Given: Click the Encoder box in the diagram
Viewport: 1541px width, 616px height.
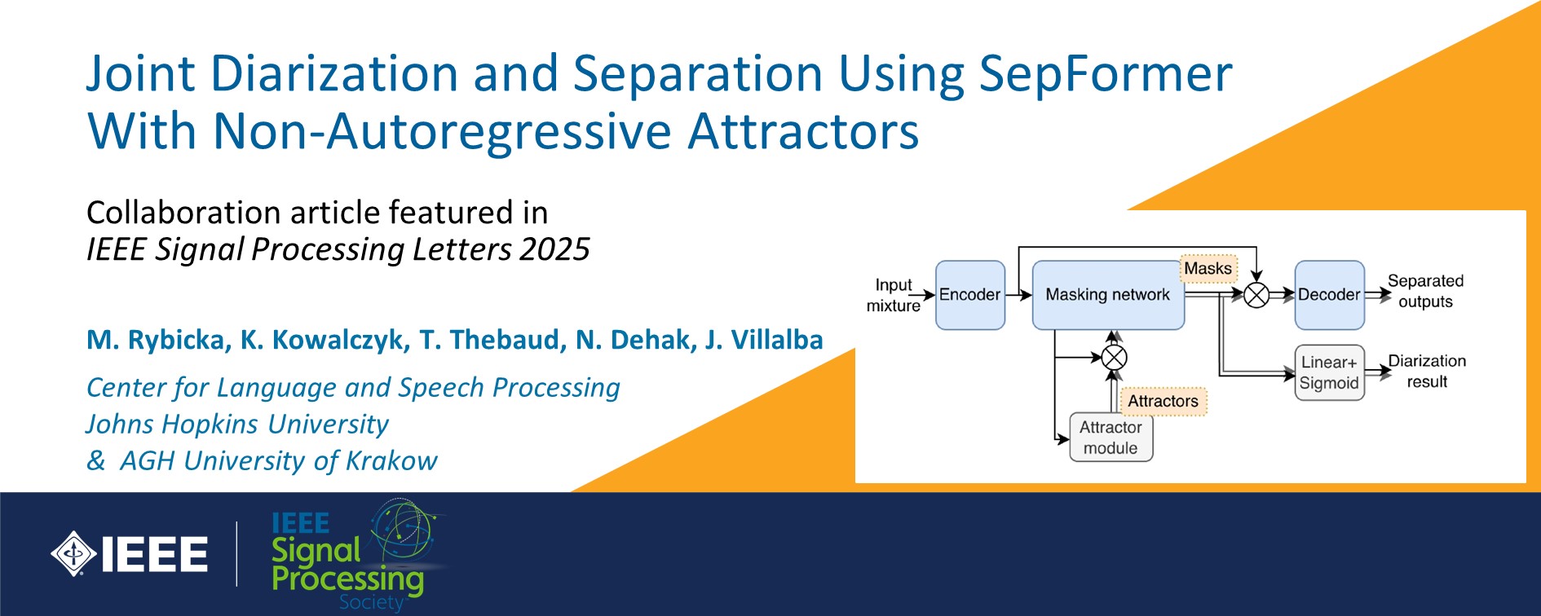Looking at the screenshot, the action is [969, 295].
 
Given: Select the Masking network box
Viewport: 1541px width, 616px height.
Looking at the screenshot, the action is [1108, 295].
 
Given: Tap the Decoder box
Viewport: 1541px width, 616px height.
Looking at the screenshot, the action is [1329, 295].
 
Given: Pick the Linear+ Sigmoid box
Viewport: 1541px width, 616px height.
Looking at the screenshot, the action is [1329, 372].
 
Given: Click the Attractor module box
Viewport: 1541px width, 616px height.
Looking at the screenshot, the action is [1110, 438].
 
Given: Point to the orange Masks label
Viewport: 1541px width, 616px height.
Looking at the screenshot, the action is [1208, 268].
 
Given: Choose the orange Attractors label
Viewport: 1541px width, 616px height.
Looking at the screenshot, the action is [1163, 401].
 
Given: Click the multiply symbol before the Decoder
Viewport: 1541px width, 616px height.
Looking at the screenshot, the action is [1256, 295].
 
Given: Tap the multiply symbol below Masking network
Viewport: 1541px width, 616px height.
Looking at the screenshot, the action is [1114, 357].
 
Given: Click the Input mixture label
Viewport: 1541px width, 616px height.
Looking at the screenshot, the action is [894, 295].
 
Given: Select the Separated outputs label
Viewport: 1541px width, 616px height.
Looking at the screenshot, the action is [1425, 291].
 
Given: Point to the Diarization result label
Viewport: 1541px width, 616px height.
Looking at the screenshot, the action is [1427, 371].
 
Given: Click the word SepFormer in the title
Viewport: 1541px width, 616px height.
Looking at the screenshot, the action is [1106, 75].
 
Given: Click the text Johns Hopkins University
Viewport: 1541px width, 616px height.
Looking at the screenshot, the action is [237, 425].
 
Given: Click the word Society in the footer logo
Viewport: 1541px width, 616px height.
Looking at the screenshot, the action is [372, 602].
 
